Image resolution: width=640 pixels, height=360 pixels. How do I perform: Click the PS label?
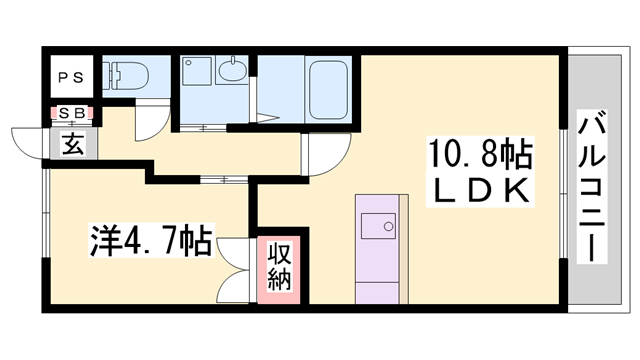coord(71,77)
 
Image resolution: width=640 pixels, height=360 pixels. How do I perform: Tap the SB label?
coord(72,113)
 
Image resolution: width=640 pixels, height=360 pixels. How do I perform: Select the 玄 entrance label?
coord(73,144)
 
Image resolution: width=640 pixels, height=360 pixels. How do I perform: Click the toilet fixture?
coord(125,76)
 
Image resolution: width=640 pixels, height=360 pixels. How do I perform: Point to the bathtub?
coord(328,89)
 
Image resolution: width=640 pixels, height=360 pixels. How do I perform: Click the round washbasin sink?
coord(233,72)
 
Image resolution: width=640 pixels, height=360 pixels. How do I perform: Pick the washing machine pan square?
coord(197,71)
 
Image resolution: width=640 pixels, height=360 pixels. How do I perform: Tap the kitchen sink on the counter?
coord(378,226)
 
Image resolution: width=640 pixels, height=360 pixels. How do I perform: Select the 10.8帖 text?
coord(479,153)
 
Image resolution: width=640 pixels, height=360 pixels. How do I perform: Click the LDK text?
coord(480,191)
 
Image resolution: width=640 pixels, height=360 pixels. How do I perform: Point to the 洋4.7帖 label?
coord(151,241)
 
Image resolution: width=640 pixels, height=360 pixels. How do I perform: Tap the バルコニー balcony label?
coord(591,186)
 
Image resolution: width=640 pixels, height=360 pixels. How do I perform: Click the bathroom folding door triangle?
coord(267,118)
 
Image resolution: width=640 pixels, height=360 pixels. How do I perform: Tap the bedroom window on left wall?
coord(46,213)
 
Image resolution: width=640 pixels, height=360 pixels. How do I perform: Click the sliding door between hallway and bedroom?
coord(224,179)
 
